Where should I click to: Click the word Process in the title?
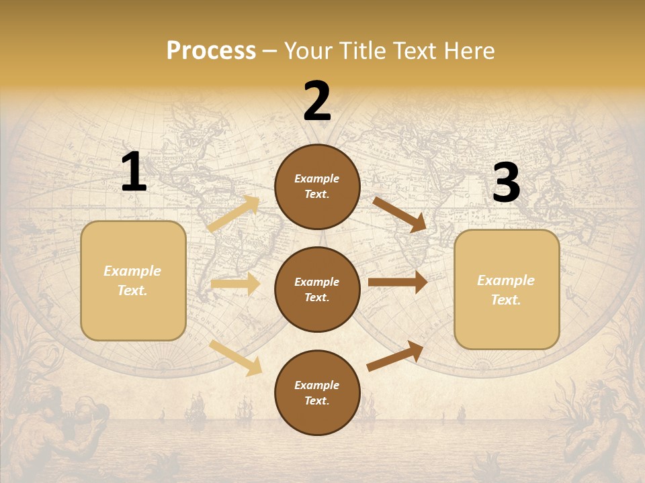[x=211, y=51]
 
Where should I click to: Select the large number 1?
[x=134, y=172]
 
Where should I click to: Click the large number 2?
[x=317, y=101]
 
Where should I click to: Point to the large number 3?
[x=506, y=183]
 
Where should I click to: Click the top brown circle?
[x=317, y=186]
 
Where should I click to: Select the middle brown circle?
[x=317, y=289]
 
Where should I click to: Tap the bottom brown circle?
[x=317, y=392]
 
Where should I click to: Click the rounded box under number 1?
[x=133, y=280]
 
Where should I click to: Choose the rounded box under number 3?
[x=507, y=290]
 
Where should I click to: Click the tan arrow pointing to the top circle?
[x=234, y=214]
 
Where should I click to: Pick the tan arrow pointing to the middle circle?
[x=235, y=284]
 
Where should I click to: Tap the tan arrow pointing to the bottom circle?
[x=236, y=358]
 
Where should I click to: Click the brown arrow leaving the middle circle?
[x=398, y=282]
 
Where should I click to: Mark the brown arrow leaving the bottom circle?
[x=395, y=356]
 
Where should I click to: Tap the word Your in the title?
[x=306, y=51]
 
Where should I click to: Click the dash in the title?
[x=270, y=51]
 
